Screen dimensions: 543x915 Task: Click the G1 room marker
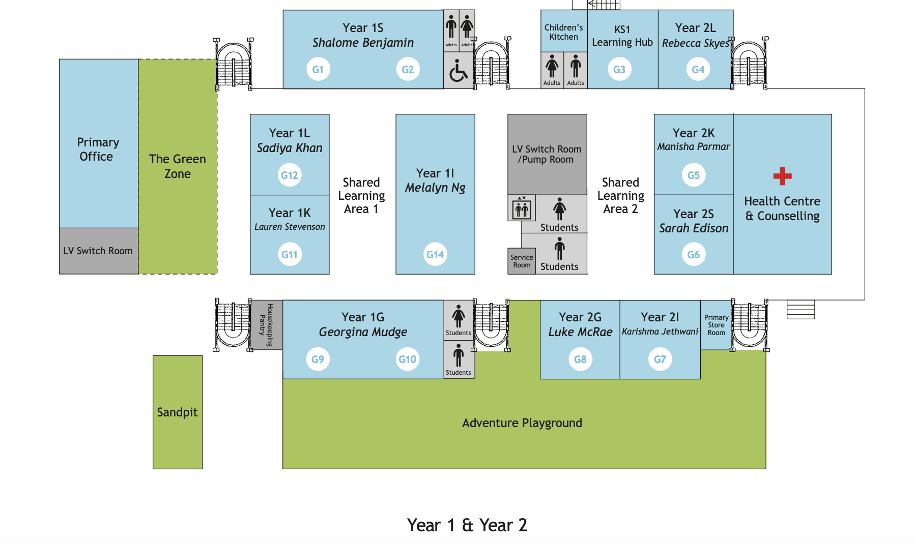318,70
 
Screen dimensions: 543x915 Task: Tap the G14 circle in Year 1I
435,255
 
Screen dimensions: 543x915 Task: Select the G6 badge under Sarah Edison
693,255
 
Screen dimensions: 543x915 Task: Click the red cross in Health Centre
782,176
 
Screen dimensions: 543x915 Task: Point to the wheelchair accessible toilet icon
458,71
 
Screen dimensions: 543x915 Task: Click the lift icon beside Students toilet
522,208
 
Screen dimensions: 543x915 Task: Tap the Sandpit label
177,412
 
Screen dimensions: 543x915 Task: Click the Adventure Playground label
522,423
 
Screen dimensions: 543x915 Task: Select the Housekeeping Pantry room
267,325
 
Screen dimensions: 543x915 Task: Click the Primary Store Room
716,325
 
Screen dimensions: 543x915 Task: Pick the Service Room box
522,261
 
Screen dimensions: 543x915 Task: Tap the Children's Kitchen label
563,32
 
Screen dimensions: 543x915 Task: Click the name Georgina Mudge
363,332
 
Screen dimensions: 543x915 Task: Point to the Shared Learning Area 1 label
361,196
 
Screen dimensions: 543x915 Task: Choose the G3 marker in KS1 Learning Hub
619,70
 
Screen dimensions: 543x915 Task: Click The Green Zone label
177,166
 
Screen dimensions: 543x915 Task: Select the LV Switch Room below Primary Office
98,251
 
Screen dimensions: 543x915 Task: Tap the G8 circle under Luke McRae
580,359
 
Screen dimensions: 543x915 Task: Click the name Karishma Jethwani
660,331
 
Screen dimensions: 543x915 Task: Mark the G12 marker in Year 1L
290,175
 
